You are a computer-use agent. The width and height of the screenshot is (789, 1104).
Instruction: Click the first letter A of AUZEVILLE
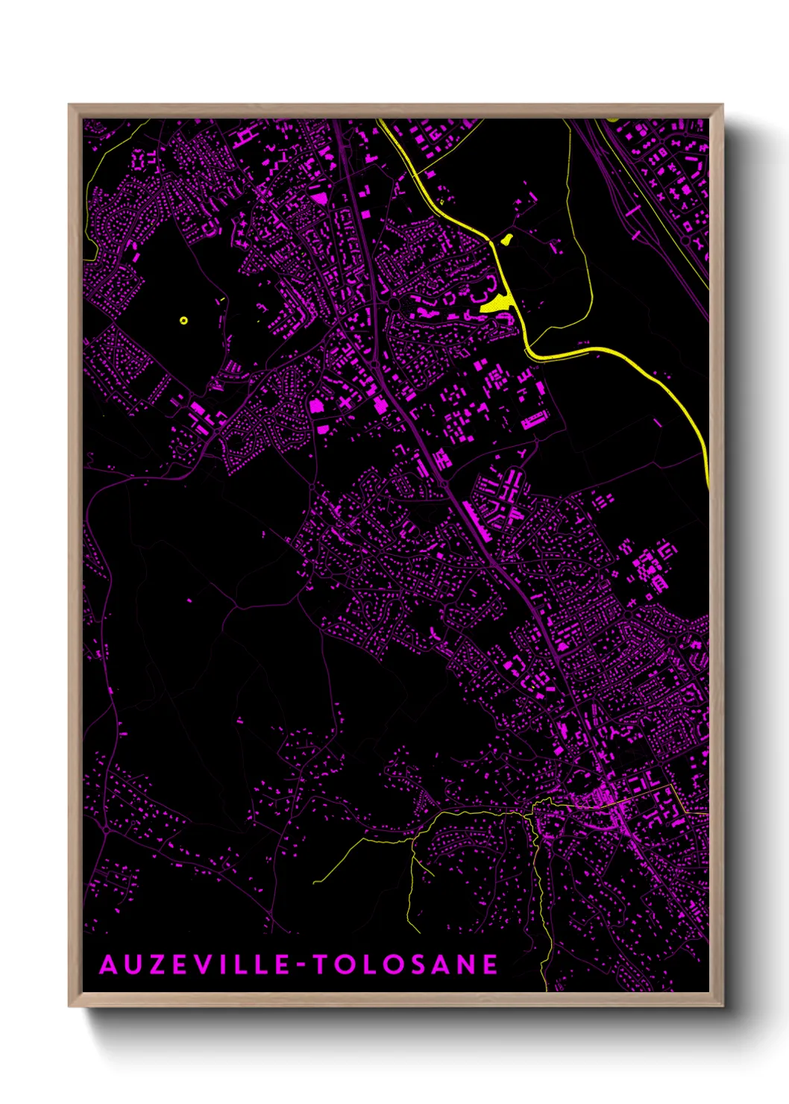tap(109, 965)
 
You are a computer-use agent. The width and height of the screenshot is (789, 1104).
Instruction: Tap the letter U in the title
tap(134, 965)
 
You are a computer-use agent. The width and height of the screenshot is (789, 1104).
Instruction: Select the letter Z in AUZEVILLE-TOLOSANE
tap(158, 965)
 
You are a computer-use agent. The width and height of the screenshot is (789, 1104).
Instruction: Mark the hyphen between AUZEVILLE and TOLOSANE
tap(302, 965)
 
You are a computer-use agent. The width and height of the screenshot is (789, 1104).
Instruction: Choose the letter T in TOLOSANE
tap(321, 965)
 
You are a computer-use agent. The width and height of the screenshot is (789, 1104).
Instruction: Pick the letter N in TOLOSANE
tap(467, 965)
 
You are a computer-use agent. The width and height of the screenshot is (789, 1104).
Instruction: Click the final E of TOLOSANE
tap(491, 965)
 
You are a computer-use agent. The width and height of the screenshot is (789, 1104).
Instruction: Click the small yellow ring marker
tap(183, 321)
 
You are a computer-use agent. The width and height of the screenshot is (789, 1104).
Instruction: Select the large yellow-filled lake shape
tap(495, 304)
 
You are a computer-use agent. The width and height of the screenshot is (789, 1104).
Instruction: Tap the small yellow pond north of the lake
tap(506, 239)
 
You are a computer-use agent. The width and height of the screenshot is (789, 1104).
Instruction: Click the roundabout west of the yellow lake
tap(394, 304)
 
